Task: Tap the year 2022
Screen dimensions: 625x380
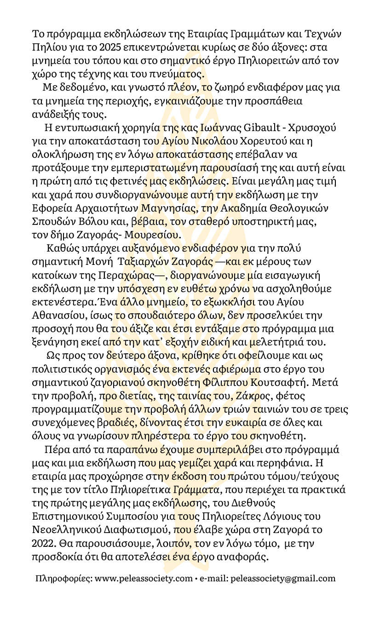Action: pos(42,544)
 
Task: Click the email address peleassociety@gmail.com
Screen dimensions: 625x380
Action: pos(282,578)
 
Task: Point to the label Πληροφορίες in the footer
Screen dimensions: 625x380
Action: pos(63,578)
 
